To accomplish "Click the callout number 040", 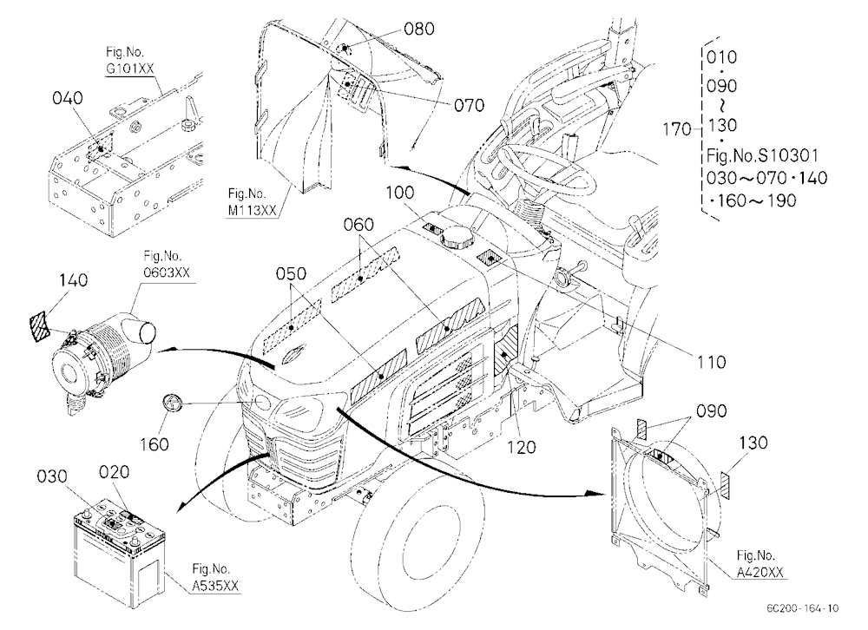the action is [x=68, y=98].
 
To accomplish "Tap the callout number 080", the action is [x=418, y=29].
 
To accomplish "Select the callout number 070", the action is [x=469, y=105].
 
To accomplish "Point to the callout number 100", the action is [x=399, y=192].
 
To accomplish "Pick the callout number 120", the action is [x=522, y=446].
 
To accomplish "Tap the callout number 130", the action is [x=753, y=442].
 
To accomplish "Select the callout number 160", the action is [x=154, y=443].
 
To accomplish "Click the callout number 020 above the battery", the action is [x=114, y=472].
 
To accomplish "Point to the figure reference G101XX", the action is [x=130, y=69].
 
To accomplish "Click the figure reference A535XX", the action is [x=216, y=586].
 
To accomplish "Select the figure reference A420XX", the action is [x=760, y=573].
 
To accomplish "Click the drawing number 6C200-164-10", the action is [x=803, y=608].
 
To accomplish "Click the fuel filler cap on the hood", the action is [x=457, y=237].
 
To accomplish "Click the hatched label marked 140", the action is [x=39, y=326].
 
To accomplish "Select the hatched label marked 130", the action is [x=727, y=485].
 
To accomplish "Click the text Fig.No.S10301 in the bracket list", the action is [x=762, y=155].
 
